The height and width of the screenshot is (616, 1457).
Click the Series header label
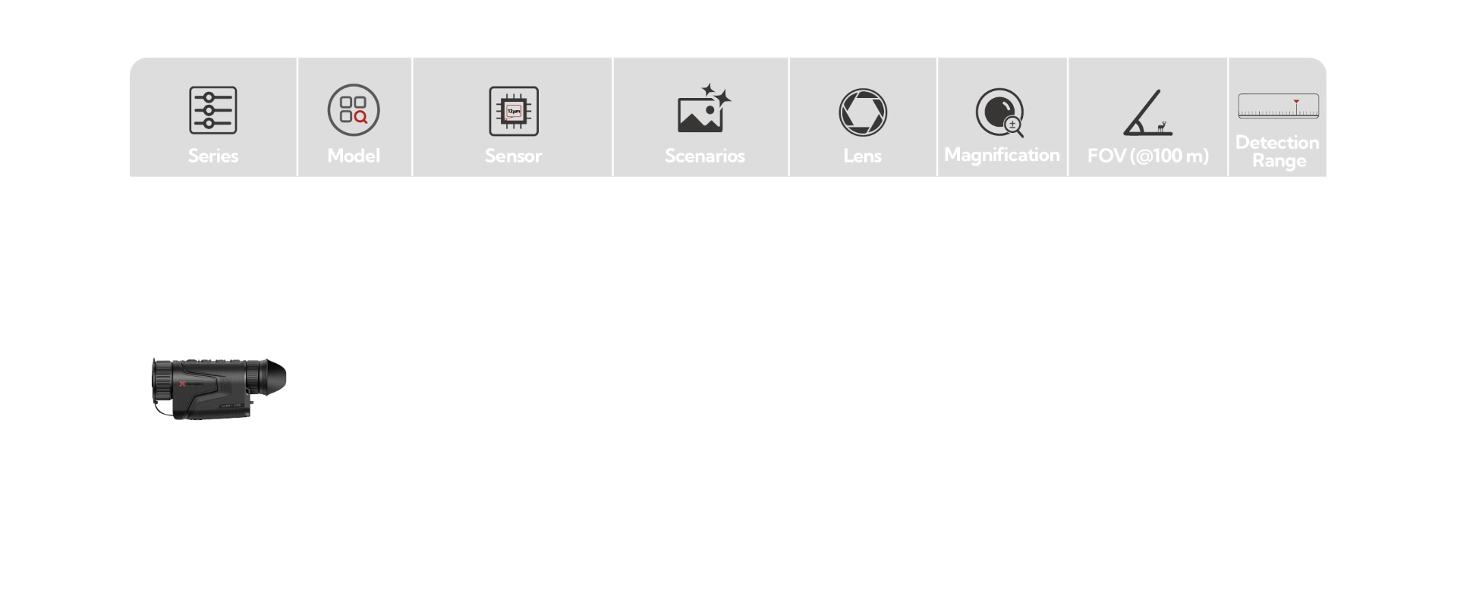(213, 156)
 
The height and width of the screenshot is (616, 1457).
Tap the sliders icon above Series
(213, 110)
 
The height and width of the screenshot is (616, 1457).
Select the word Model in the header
(354, 156)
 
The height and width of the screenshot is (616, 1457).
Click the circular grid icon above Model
(354, 110)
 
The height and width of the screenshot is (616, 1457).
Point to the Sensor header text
(513, 156)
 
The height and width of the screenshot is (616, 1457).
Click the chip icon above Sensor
(514, 111)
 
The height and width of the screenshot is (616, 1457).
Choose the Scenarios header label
(704, 156)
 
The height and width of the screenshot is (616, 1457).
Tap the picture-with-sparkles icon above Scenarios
(703, 109)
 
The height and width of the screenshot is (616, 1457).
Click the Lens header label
(862, 156)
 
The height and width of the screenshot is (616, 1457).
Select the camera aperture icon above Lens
(863, 112)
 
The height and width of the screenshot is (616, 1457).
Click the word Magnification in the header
(1002, 155)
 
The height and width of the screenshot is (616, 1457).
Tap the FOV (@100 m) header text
(1147, 156)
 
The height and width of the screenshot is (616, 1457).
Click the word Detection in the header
(1277, 143)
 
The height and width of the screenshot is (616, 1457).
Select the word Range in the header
(1279, 161)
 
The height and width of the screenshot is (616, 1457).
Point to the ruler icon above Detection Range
(1278, 106)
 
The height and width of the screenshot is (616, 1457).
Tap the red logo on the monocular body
(183, 384)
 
